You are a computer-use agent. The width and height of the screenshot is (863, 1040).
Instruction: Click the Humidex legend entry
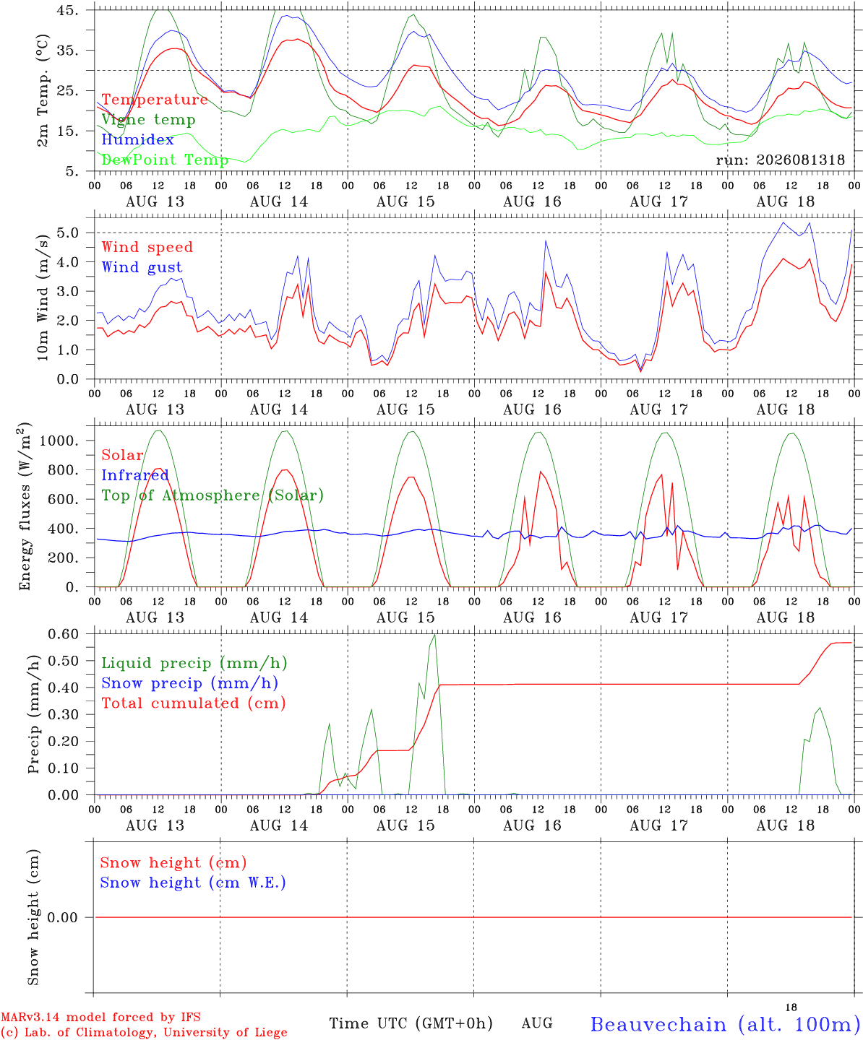[137, 139]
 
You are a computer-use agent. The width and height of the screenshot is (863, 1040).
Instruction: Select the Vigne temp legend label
[148, 120]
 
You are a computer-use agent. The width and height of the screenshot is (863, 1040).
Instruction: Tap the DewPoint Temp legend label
[165, 160]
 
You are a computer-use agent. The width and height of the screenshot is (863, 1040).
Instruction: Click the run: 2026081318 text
[780, 160]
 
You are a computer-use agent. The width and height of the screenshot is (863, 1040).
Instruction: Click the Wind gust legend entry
[142, 267]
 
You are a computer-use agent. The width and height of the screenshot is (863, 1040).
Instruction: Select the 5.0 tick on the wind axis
[68, 233]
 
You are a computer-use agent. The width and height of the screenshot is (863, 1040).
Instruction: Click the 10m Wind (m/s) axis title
[43, 298]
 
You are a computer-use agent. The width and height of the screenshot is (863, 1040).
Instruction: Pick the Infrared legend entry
[134, 474]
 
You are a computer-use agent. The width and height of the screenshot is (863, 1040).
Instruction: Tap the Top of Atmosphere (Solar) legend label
[212, 495]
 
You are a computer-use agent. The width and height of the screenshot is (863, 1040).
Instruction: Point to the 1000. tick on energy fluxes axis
[59, 441]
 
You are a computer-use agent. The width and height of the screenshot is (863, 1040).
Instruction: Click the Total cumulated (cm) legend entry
[194, 703]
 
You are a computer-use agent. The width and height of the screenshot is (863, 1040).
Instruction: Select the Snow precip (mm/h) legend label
[189, 683]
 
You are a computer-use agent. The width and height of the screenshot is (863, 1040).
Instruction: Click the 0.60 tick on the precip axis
[64, 634]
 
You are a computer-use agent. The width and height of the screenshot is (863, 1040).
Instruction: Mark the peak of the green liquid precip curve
[434, 635]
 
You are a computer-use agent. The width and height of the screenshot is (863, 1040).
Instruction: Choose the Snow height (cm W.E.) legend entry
[192, 882]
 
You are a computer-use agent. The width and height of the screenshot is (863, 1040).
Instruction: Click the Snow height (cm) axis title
[33, 917]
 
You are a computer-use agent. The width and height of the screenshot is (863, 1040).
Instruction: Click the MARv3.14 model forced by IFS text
[100, 1017]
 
